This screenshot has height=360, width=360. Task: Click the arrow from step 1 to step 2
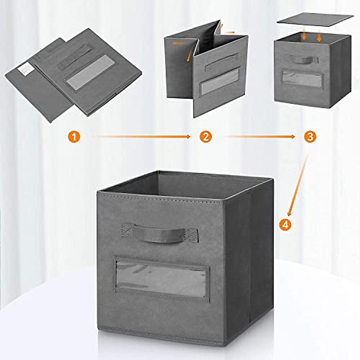pyautogui.click(x=141, y=137)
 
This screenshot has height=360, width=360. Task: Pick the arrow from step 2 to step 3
pyautogui.click(x=259, y=137)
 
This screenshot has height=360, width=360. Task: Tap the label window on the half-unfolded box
pyautogui.click(x=219, y=81)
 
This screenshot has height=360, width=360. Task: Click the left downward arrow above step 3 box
pyautogui.click(x=304, y=35)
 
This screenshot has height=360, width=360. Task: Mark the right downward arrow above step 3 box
pyautogui.click(x=319, y=36)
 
